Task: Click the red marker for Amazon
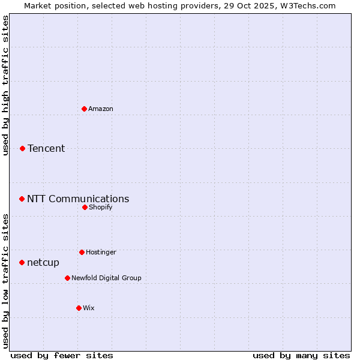pyautogui.click(x=85, y=109)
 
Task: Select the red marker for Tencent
pyautogui.click(x=23, y=148)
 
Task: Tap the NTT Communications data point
pyautogui.click(x=22, y=199)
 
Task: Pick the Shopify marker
pyautogui.click(x=85, y=207)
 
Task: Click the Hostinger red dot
pyautogui.click(x=82, y=252)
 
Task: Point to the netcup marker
pyautogui.click(x=22, y=262)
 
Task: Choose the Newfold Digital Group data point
pyautogui.click(x=68, y=278)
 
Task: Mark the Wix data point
pyautogui.click(x=79, y=308)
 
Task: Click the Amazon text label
pyautogui.click(x=101, y=109)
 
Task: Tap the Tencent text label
pyautogui.click(x=46, y=148)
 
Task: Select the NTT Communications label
pyautogui.click(x=78, y=199)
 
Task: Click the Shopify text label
pyautogui.click(x=101, y=207)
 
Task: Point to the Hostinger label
pyautogui.click(x=101, y=252)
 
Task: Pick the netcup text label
pyautogui.click(x=43, y=262)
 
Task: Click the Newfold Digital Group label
pyautogui.click(x=106, y=278)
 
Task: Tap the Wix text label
pyautogui.click(x=89, y=308)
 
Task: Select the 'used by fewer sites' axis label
pyautogui.click(x=62, y=355)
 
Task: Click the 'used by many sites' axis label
pyautogui.click(x=301, y=355)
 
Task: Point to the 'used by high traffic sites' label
pyautogui.click(x=5, y=85)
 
